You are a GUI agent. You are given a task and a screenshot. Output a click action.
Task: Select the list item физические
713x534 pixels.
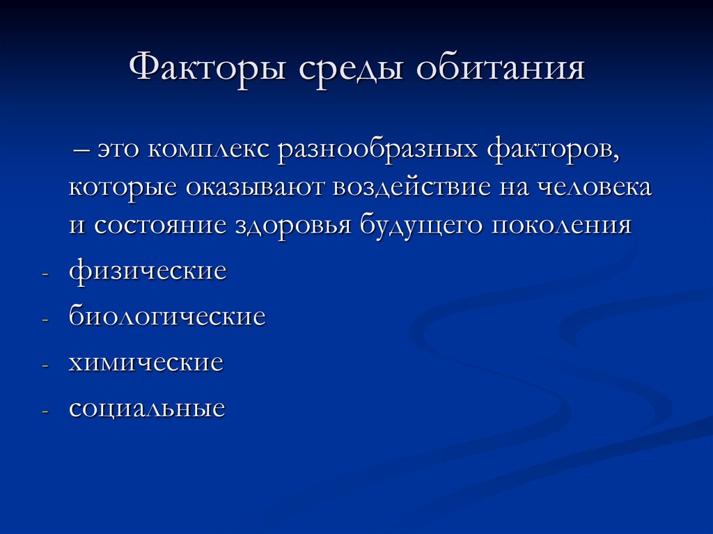(148, 272)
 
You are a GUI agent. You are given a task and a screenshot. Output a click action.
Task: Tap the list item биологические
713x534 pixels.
(167, 317)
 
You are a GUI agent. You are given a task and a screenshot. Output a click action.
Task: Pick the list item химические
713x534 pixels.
(146, 363)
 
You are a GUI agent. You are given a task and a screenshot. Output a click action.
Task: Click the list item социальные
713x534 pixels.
(147, 408)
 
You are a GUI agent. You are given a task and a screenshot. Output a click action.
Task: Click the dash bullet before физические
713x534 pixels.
(45, 274)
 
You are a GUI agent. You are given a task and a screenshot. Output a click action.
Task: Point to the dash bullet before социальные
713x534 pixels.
(45, 411)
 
